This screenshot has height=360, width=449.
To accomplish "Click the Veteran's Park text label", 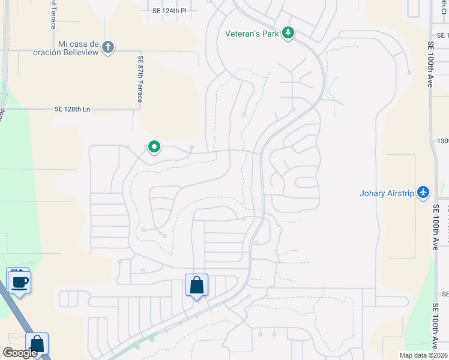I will pos(252,34).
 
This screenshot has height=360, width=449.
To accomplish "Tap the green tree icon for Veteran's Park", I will pos(288,33).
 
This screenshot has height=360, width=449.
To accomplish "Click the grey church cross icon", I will pos(108,47).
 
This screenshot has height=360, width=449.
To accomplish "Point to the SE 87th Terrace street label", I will pos(140,79).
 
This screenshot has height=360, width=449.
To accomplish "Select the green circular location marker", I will pos(154,146).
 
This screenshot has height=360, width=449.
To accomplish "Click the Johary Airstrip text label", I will pos(387,193).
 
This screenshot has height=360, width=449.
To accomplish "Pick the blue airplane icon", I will pos(423,193).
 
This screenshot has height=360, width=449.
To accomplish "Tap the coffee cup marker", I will pos(19,281).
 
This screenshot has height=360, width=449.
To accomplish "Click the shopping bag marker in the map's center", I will pos(197,286).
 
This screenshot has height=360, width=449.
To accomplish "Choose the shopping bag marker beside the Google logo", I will pos(37,344).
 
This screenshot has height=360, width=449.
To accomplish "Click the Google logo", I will pos(20,353).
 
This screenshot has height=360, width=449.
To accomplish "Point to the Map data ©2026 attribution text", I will pos(423,355).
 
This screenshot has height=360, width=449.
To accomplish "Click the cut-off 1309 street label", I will pos(443,141).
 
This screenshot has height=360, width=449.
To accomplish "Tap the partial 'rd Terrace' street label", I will pos(53,14).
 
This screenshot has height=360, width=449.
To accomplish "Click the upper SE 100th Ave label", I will pos(430,65).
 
